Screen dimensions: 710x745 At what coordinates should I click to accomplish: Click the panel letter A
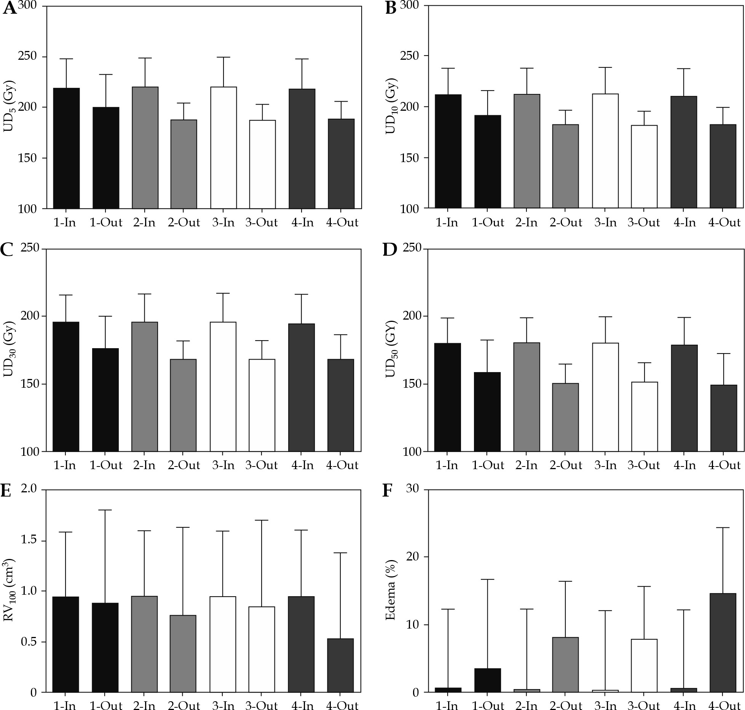point(10,8)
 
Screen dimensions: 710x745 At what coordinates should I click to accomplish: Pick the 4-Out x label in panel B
point(724,223)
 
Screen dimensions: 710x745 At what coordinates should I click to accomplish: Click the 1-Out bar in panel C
point(105,400)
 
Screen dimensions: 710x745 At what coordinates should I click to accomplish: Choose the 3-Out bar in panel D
point(644,417)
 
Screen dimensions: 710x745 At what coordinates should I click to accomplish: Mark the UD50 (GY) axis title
point(391,350)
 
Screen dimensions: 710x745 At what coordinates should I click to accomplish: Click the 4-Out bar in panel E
point(340,666)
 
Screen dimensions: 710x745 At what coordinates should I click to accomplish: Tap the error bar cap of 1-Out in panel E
point(105,510)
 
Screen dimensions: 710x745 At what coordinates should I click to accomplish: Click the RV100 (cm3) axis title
point(9,590)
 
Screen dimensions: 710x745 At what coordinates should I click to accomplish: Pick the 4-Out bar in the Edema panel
point(723,643)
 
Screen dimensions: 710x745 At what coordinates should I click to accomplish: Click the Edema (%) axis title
point(390,590)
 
